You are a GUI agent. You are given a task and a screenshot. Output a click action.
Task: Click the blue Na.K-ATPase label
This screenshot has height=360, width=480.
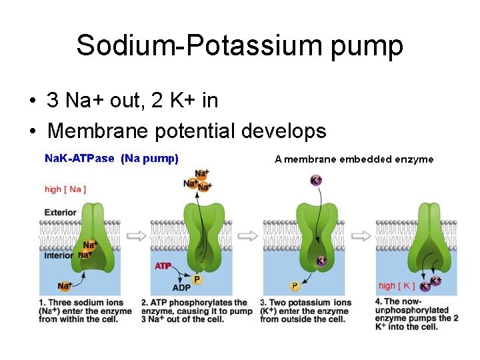pos(79,159)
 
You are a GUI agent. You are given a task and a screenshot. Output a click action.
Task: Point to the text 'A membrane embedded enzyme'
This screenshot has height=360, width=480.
pos(354,159)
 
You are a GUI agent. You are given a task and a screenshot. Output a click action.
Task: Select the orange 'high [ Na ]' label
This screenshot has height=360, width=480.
pos(65,189)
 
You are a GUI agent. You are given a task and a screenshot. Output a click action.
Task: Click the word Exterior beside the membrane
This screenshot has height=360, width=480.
pos(60,213)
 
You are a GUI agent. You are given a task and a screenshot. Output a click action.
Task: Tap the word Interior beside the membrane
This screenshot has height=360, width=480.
pos(59,255)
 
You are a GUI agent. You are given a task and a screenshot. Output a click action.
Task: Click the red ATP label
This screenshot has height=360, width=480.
pos(163,266)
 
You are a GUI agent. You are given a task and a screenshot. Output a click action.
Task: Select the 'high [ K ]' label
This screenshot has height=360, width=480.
pos(397,286)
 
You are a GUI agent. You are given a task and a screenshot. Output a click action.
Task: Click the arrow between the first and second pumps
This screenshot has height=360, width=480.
pos(137,235)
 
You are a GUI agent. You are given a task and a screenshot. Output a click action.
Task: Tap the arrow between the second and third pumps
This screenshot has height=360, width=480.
pos(249,235)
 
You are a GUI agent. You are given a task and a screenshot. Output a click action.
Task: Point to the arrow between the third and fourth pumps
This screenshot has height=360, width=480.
pos(361,235)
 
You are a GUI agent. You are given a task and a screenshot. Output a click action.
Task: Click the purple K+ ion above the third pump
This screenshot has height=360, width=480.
pos(316,181)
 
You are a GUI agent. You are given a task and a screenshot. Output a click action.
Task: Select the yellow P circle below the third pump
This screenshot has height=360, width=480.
pos(295,286)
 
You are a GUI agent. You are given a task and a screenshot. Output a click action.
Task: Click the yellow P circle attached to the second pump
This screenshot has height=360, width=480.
pos(197,279)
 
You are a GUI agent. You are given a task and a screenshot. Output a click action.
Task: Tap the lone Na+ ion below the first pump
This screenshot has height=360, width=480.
pos(65,286)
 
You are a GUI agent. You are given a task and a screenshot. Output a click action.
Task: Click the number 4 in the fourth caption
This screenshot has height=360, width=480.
pos(379,301)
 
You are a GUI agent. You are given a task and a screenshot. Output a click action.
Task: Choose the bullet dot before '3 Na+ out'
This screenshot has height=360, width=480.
pos(32,101)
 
